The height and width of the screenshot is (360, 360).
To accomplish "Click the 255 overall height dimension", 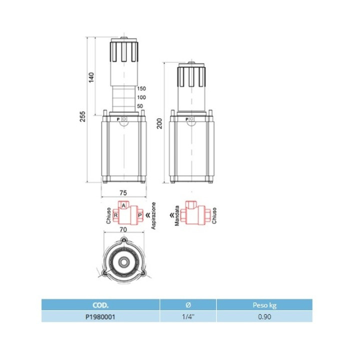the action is click(x=82, y=116).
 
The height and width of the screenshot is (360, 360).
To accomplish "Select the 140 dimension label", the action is click(x=91, y=77).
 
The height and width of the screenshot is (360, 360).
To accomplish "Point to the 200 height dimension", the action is click(x=159, y=123).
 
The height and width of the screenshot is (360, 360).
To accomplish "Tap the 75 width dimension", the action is click(x=123, y=193).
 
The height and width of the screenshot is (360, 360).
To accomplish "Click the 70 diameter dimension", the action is click(x=123, y=229).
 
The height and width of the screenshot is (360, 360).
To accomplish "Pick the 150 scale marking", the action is click(x=141, y=88).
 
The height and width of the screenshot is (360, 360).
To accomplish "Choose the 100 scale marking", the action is click(x=141, y=97).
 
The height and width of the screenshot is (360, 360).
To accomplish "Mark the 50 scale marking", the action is click(x=140, y=106).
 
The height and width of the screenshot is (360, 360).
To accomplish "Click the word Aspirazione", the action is click(x=153, y=215).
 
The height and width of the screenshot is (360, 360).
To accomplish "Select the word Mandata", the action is click(x=177, y=215).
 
